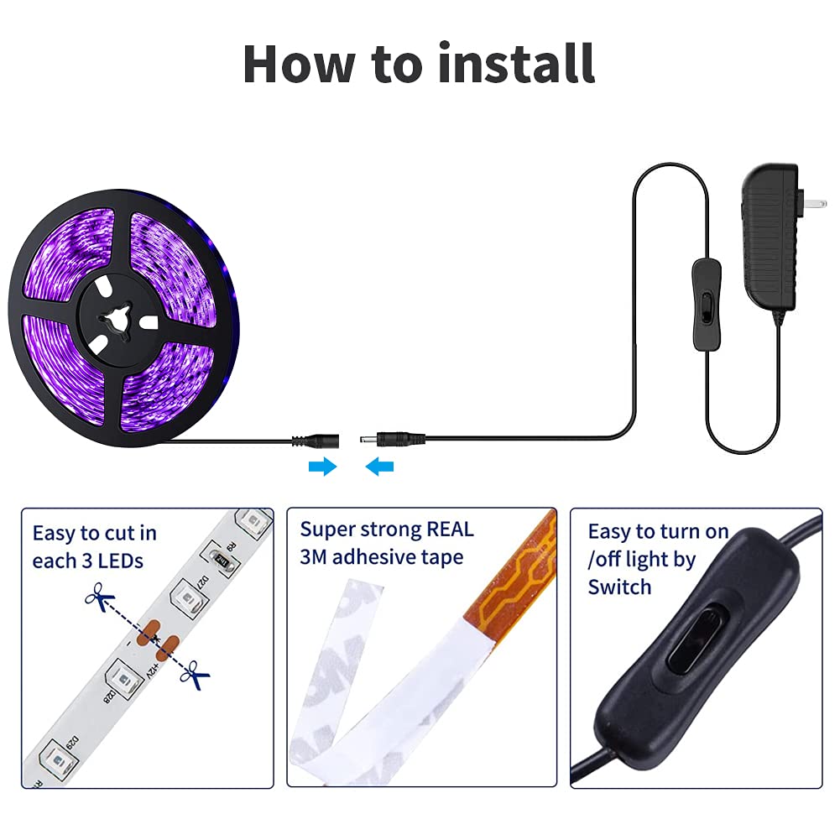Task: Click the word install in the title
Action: (517, 63)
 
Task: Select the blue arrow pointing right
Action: (322, 467)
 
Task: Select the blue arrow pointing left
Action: (379, 467)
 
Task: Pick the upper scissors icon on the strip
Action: (100, 599)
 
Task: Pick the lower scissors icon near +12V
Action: (197, 673)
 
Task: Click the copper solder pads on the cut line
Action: (157, 636)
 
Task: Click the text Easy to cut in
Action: (94, 533)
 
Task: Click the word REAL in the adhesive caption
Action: (450, 530)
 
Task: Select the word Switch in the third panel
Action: (619, 587)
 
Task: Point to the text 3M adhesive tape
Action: (381, 557)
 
